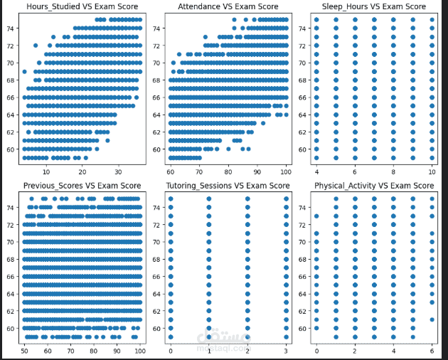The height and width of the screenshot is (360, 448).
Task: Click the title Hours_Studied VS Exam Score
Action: (82, 7)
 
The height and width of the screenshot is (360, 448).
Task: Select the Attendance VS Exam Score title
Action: (228, 7)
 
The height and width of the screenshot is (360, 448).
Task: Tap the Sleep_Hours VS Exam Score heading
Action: (373, 7)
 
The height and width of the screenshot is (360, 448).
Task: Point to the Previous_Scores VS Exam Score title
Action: (82, 186)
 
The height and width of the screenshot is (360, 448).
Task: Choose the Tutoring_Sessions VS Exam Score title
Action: (228, 186)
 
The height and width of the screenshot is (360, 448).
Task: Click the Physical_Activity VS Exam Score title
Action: (373, 186)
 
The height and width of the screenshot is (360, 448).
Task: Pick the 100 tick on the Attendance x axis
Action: (285, 173)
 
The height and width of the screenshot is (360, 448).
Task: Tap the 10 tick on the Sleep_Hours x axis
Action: (432, 173)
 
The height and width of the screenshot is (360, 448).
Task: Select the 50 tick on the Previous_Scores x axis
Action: (25, 351)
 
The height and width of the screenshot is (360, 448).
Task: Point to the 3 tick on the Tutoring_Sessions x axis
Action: (286, 351)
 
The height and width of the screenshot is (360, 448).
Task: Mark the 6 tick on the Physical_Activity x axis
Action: (432, 351)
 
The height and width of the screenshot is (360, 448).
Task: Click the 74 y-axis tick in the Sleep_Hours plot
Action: (302, 28)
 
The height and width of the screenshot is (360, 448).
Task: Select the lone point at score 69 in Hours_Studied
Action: (25, 72)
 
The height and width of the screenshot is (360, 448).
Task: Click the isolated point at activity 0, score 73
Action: (316, 216)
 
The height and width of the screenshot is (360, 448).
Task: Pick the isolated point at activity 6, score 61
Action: (432, 319)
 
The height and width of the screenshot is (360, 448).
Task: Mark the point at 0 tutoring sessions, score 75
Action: (170, 199)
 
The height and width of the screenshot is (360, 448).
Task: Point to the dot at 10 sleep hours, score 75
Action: (432, 20)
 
